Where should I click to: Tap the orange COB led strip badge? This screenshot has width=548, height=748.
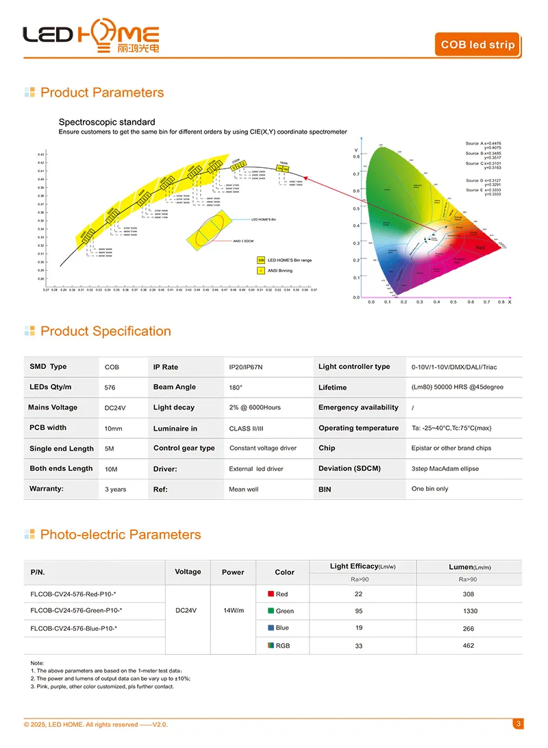click(477, 45)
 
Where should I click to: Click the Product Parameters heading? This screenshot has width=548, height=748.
click(102, 93)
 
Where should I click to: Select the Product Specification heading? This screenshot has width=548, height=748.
click(105, 331)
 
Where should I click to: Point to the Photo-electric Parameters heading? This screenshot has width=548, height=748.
click(121, 535)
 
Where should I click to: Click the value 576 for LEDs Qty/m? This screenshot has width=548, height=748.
click(110, 387)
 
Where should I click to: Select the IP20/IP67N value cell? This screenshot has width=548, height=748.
click(245, 367)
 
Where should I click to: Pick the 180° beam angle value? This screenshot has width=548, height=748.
click(236, 387)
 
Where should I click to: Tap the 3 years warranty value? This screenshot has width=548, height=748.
click(115, 490)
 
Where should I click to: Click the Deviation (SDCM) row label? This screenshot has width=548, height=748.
click(349, 469)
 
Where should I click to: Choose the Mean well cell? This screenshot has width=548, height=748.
click(244, 490)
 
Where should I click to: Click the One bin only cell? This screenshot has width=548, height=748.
click(429, 489)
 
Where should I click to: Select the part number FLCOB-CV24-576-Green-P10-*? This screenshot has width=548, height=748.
click(77, 610)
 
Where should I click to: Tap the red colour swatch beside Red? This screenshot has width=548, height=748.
click(271, 594)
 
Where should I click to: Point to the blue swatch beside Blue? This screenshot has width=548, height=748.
click(271, 627)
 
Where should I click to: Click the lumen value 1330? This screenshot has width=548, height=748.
click(470, 611)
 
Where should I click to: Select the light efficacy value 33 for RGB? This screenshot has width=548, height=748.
click(359, 646)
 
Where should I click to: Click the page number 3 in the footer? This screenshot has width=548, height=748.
click(519, 724)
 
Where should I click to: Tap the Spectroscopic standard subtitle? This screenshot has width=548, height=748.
click(107, 122)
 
